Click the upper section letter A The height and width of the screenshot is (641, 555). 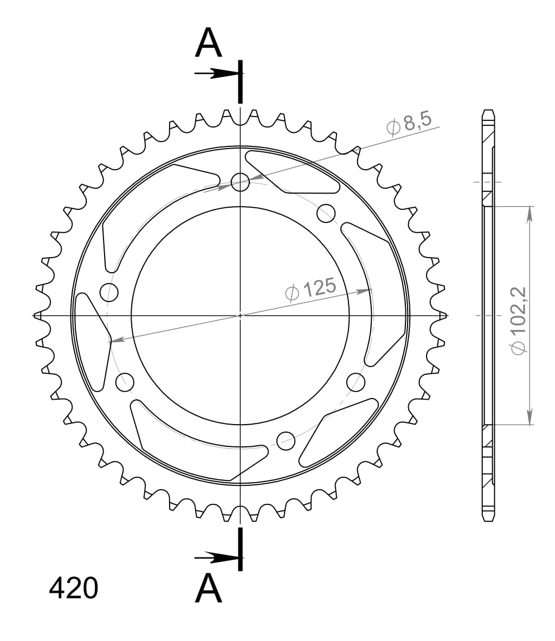pos(209,43)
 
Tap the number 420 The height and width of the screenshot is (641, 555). pos(74,588)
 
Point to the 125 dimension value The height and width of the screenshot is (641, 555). pos(319,288)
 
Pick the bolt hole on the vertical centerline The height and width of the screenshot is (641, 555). pos(240,182)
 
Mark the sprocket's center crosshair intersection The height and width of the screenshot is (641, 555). pos(240,315)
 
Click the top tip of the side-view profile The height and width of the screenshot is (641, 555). pos(488,111)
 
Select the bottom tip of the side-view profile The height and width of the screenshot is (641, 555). pos(488,521)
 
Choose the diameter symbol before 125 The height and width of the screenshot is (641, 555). pos(292,293)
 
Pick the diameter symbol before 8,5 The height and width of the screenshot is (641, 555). pos(393,127)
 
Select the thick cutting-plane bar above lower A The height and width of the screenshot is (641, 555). pos(240,549)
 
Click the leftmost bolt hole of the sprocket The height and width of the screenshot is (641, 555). pos(109,291)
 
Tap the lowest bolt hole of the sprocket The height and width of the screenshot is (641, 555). pos(286,441)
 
